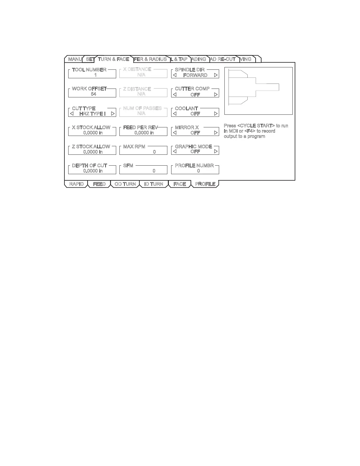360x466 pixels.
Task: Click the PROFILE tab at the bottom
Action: tap(205, 184)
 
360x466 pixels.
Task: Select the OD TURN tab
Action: tap(125, 184)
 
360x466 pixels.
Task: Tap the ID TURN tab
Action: tap(154, 184)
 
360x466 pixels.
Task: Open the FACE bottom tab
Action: tap(180, 184)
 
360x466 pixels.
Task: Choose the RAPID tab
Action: tap(76, 184)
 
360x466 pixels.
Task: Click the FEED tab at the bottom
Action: tap(99, 184)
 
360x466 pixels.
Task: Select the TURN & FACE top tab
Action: tap(114, 59)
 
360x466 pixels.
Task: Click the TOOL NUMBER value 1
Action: tap(95, 75)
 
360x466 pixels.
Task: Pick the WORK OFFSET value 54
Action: tap(94, 94)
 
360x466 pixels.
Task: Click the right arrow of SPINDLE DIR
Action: tap(216, 75)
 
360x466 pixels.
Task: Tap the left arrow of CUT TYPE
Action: tap(72, 114)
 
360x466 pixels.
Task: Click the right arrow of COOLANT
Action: tap(216, 114)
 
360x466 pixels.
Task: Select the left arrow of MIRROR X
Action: tap(175, 133)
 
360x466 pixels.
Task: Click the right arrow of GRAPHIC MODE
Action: tap(216, 152)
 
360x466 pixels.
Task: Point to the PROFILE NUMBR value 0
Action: tap(199, 171)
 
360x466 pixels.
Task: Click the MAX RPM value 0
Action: tap(154, 152)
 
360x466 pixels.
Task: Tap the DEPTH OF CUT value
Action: tap(93, 171)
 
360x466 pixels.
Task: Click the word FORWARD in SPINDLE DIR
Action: tap(195, 75)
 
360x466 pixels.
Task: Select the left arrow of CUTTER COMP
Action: tap(175, 95)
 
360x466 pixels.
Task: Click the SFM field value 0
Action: tap(154, 171)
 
